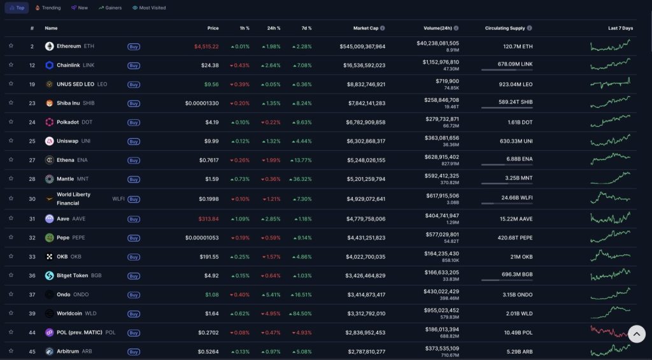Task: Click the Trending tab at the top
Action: point(48,8)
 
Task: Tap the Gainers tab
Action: point(111,8)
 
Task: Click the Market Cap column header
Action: point(366,28)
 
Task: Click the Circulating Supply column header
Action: point(506,28)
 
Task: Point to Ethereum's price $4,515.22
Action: point(206,47)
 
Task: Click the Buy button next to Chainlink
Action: point(134,66)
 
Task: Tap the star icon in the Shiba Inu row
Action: point(11,103)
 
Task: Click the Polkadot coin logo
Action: point(50,122)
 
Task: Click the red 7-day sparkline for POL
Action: point(609,332)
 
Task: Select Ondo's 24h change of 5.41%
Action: point(271,294)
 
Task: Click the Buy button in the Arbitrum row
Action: point(134,352)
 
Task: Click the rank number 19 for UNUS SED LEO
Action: point(32,84)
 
